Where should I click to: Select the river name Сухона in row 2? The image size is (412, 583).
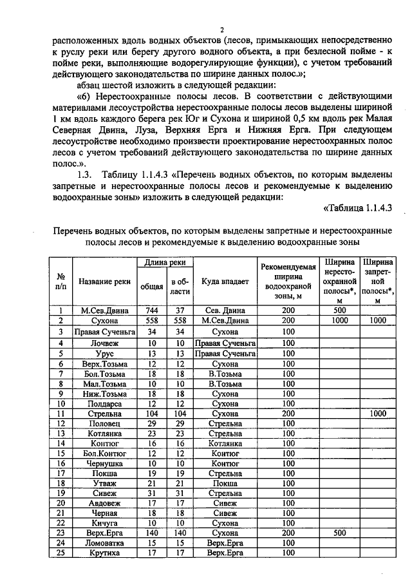click(104, 320)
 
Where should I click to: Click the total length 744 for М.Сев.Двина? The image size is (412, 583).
click(147, 310)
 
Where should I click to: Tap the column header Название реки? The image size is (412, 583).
click(104, 282)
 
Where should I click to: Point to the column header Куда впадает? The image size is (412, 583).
click(225, 282)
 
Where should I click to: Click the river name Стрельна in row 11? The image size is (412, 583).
click(104, 413)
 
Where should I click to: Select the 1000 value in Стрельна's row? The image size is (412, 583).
click(377, 413)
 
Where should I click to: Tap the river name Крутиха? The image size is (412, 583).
click(104, 553)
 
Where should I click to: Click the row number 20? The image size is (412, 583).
click(62, 503)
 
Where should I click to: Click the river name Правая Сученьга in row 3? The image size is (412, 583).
click(104, 331)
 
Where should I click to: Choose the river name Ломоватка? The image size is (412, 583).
click(104, 544)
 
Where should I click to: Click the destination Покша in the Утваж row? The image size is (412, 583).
click(225, 483)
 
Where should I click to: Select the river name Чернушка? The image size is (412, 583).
click(104, 463)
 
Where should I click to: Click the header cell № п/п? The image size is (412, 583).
click(62, 282)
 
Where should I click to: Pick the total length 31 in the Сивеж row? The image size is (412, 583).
click(147, 493)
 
